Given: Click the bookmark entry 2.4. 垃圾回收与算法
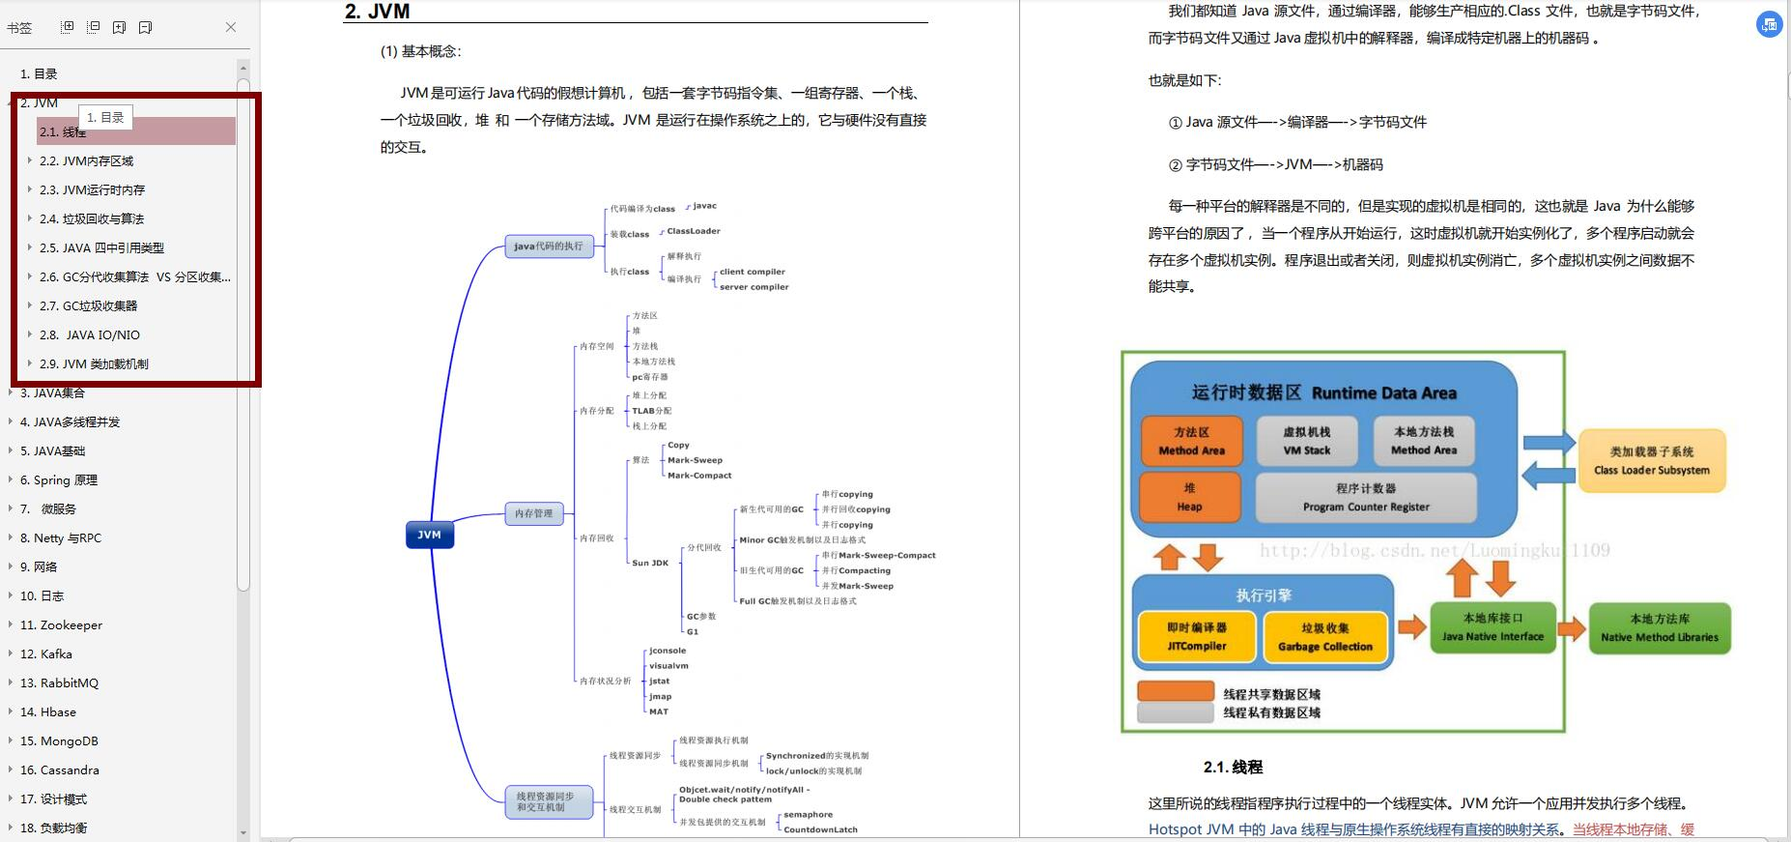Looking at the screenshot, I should coord(91,218).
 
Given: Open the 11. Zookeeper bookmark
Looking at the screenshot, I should coord(61,624).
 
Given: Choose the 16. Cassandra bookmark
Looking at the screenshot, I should coord(59,769).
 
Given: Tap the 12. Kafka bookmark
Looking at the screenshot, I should coord(45,653).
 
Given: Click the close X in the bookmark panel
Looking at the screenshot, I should coord(231,27).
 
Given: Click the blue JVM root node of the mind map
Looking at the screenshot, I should coord(429,535).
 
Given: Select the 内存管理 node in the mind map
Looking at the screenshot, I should coord(533,513).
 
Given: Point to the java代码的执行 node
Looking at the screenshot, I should coord(548,246).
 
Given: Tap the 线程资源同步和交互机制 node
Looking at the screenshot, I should coord(548,801).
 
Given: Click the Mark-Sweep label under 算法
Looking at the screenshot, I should coord(695,460).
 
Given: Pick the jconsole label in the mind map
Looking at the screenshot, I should coord(668,651).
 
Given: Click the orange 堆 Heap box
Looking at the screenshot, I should coord(1189,497).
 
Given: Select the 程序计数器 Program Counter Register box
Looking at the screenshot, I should coord(1365,497).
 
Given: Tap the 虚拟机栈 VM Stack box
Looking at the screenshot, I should coord(1306,441).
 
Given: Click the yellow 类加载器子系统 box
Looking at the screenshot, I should coord(1651,460).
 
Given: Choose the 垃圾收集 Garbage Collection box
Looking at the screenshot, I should coord(1324,637).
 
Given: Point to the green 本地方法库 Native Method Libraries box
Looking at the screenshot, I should coord(1659,627).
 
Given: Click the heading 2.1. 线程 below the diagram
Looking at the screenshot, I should coord(1233,767).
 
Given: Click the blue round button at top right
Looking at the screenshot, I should coord(1769,26).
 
